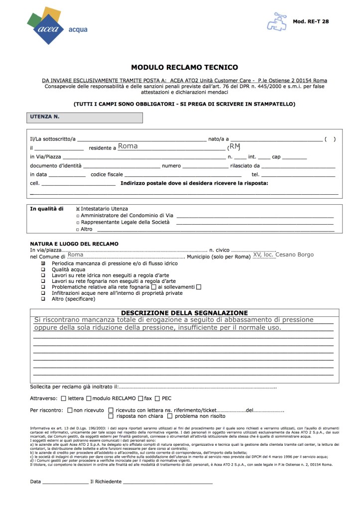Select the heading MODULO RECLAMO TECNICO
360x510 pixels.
pyautogui.click(x=184, y=67)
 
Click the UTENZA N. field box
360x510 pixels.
pyautogui.click(x=85, y=118)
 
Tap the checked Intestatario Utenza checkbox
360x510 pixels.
pyautogui.click(x=78, y=209)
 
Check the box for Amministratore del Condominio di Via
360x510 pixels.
pyautogui.click(x=78, y=216)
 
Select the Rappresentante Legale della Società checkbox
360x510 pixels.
pyautogui.click(x=78, y=223)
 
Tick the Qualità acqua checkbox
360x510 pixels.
pyautogui.click(x=43, y=269)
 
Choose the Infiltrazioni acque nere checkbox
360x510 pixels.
pyautogui.click(x=43, y=293)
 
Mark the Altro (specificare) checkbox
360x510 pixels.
pyautogui.click(x=43, y=300)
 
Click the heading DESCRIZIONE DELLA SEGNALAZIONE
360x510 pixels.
pyautogui.click(x=184, y=313)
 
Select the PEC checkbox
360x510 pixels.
pyautogui.click(x=157, y=398)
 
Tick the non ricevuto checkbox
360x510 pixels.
pyautogui.click(x=70, y=410)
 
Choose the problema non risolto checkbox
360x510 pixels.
pyautogui.click(x=170, y=416)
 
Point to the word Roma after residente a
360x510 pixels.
pyautogui.click(x=128, y=146)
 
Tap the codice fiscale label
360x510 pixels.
pyautogui.click(x=107, y=175)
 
